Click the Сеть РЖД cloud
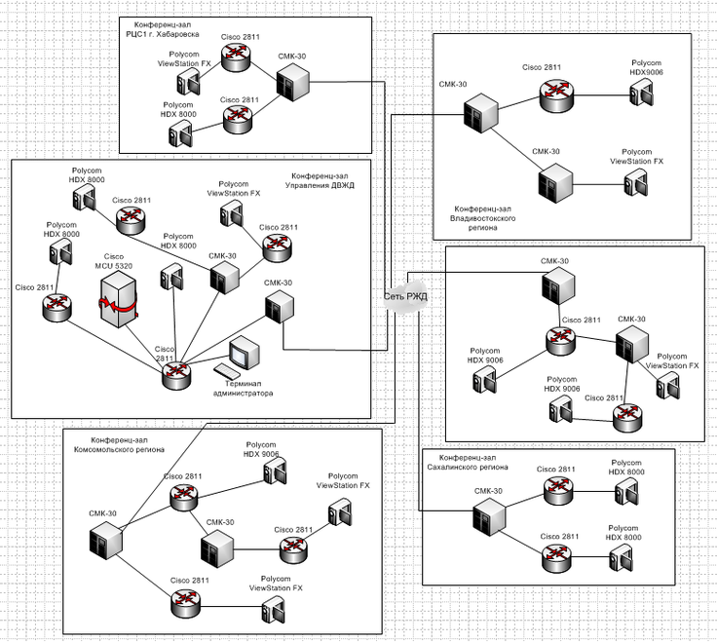404,296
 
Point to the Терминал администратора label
244,389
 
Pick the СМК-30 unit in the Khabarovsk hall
289,84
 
